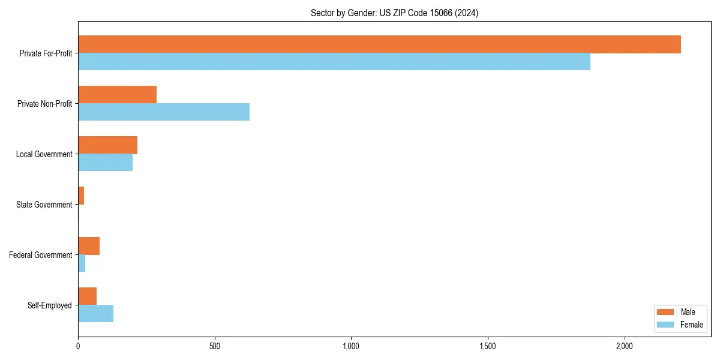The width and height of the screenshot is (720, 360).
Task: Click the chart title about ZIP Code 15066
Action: pos(394,13)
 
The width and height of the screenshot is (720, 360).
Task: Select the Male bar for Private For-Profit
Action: pos(379,44)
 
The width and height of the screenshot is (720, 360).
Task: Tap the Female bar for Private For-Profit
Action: pos(334,62)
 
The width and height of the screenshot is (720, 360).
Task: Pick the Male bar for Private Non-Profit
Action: pos(117,95)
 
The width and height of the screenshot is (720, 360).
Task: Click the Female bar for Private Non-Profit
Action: pos(164,112)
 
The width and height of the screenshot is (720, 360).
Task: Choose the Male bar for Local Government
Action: pos(107,145)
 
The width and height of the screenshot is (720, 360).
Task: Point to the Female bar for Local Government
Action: pos(105,163)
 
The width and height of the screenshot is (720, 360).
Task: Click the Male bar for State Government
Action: pos(81,196)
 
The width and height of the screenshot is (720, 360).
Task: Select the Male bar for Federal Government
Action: pos(89,246)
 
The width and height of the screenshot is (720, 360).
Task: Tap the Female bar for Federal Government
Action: pos(82,263)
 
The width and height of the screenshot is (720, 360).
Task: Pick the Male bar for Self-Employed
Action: pos(87,296)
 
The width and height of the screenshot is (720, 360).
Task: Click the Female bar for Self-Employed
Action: pos(95,314)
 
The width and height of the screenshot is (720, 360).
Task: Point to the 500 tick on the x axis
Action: pos(215,346)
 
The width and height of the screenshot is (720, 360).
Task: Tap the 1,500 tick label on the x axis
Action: pos(488,346)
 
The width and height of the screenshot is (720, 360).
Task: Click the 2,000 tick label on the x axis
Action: pos(625,346)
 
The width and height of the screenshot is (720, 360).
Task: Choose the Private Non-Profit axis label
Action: pos(44,104)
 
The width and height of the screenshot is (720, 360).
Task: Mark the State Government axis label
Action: pos(44,205)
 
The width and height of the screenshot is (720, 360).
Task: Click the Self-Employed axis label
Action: pos(49,305)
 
